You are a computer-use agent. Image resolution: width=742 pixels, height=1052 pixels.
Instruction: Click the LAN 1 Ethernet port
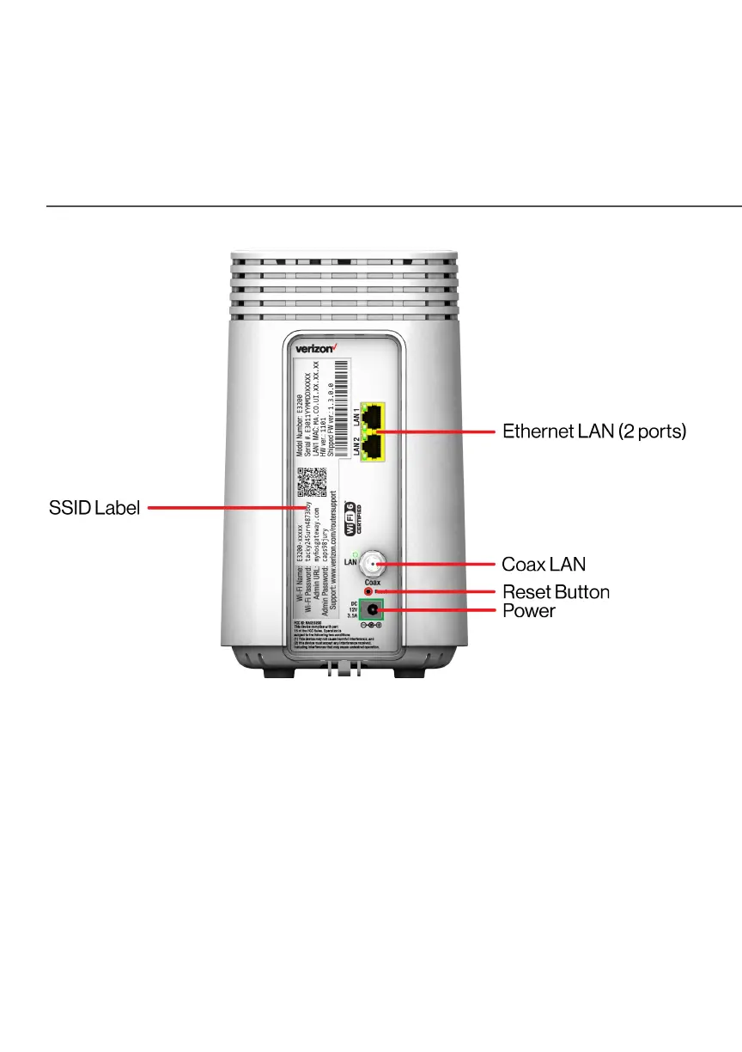[373, 416]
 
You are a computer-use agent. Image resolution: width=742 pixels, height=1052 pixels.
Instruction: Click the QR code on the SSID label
[313, 482]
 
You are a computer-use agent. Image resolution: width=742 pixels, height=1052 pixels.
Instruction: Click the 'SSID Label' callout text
[94, 508]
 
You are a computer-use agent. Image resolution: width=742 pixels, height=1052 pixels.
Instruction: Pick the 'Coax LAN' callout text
[544, 564]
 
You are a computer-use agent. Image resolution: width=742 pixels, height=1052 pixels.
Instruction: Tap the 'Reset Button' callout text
[556, 592]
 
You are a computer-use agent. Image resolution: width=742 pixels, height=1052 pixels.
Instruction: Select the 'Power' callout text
[528, 611]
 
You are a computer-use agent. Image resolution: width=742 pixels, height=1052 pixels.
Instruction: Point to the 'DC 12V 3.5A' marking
[351, 610]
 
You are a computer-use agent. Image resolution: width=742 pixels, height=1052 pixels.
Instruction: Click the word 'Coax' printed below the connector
[373, 583]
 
